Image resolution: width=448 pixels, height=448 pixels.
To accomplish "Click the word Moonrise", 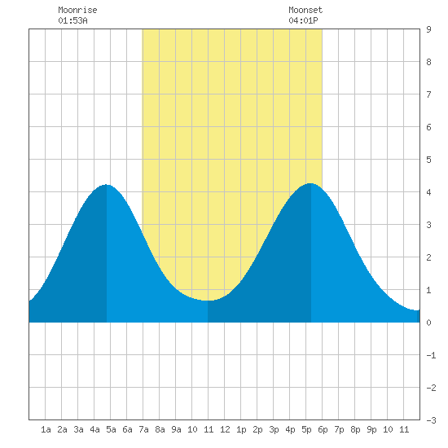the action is pos(77,10).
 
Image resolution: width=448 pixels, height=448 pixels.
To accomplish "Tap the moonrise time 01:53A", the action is pos(72,20).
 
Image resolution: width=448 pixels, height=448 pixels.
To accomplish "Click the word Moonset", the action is pos(305,10).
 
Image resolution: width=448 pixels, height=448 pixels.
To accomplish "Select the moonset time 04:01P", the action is pos(303,20).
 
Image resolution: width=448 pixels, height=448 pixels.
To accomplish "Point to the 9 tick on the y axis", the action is pos(428,29).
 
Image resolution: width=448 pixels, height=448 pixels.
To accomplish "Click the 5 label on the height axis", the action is pos(428,160).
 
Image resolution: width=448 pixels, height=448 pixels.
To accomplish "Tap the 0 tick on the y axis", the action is pos(428,323).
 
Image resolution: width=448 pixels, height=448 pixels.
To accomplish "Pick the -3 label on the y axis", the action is pos(431,420).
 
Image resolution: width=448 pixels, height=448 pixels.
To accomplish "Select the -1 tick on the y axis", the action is pos(431,355).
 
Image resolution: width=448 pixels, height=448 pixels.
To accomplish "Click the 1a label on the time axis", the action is pos(46,429).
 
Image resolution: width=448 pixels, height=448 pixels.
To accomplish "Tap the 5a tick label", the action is pos(111,429).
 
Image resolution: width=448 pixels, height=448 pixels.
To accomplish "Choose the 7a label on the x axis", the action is pos(143,429).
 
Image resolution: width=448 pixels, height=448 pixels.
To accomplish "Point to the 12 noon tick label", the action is pos(225,429).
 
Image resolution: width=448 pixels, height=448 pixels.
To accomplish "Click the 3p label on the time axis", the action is pos(274,429).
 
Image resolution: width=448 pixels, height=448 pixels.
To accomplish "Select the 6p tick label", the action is pos(323,429).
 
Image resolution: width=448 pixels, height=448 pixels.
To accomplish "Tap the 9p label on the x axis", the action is pos(371,429).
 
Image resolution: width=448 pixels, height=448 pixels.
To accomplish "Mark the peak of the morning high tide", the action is pos(106,185).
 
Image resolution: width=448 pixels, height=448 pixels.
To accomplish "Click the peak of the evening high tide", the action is pos(310,183).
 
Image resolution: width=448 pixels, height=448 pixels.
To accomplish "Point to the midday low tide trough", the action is pos(208,301).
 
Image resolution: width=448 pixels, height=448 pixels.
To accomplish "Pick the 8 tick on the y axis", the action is pos(428,62).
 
